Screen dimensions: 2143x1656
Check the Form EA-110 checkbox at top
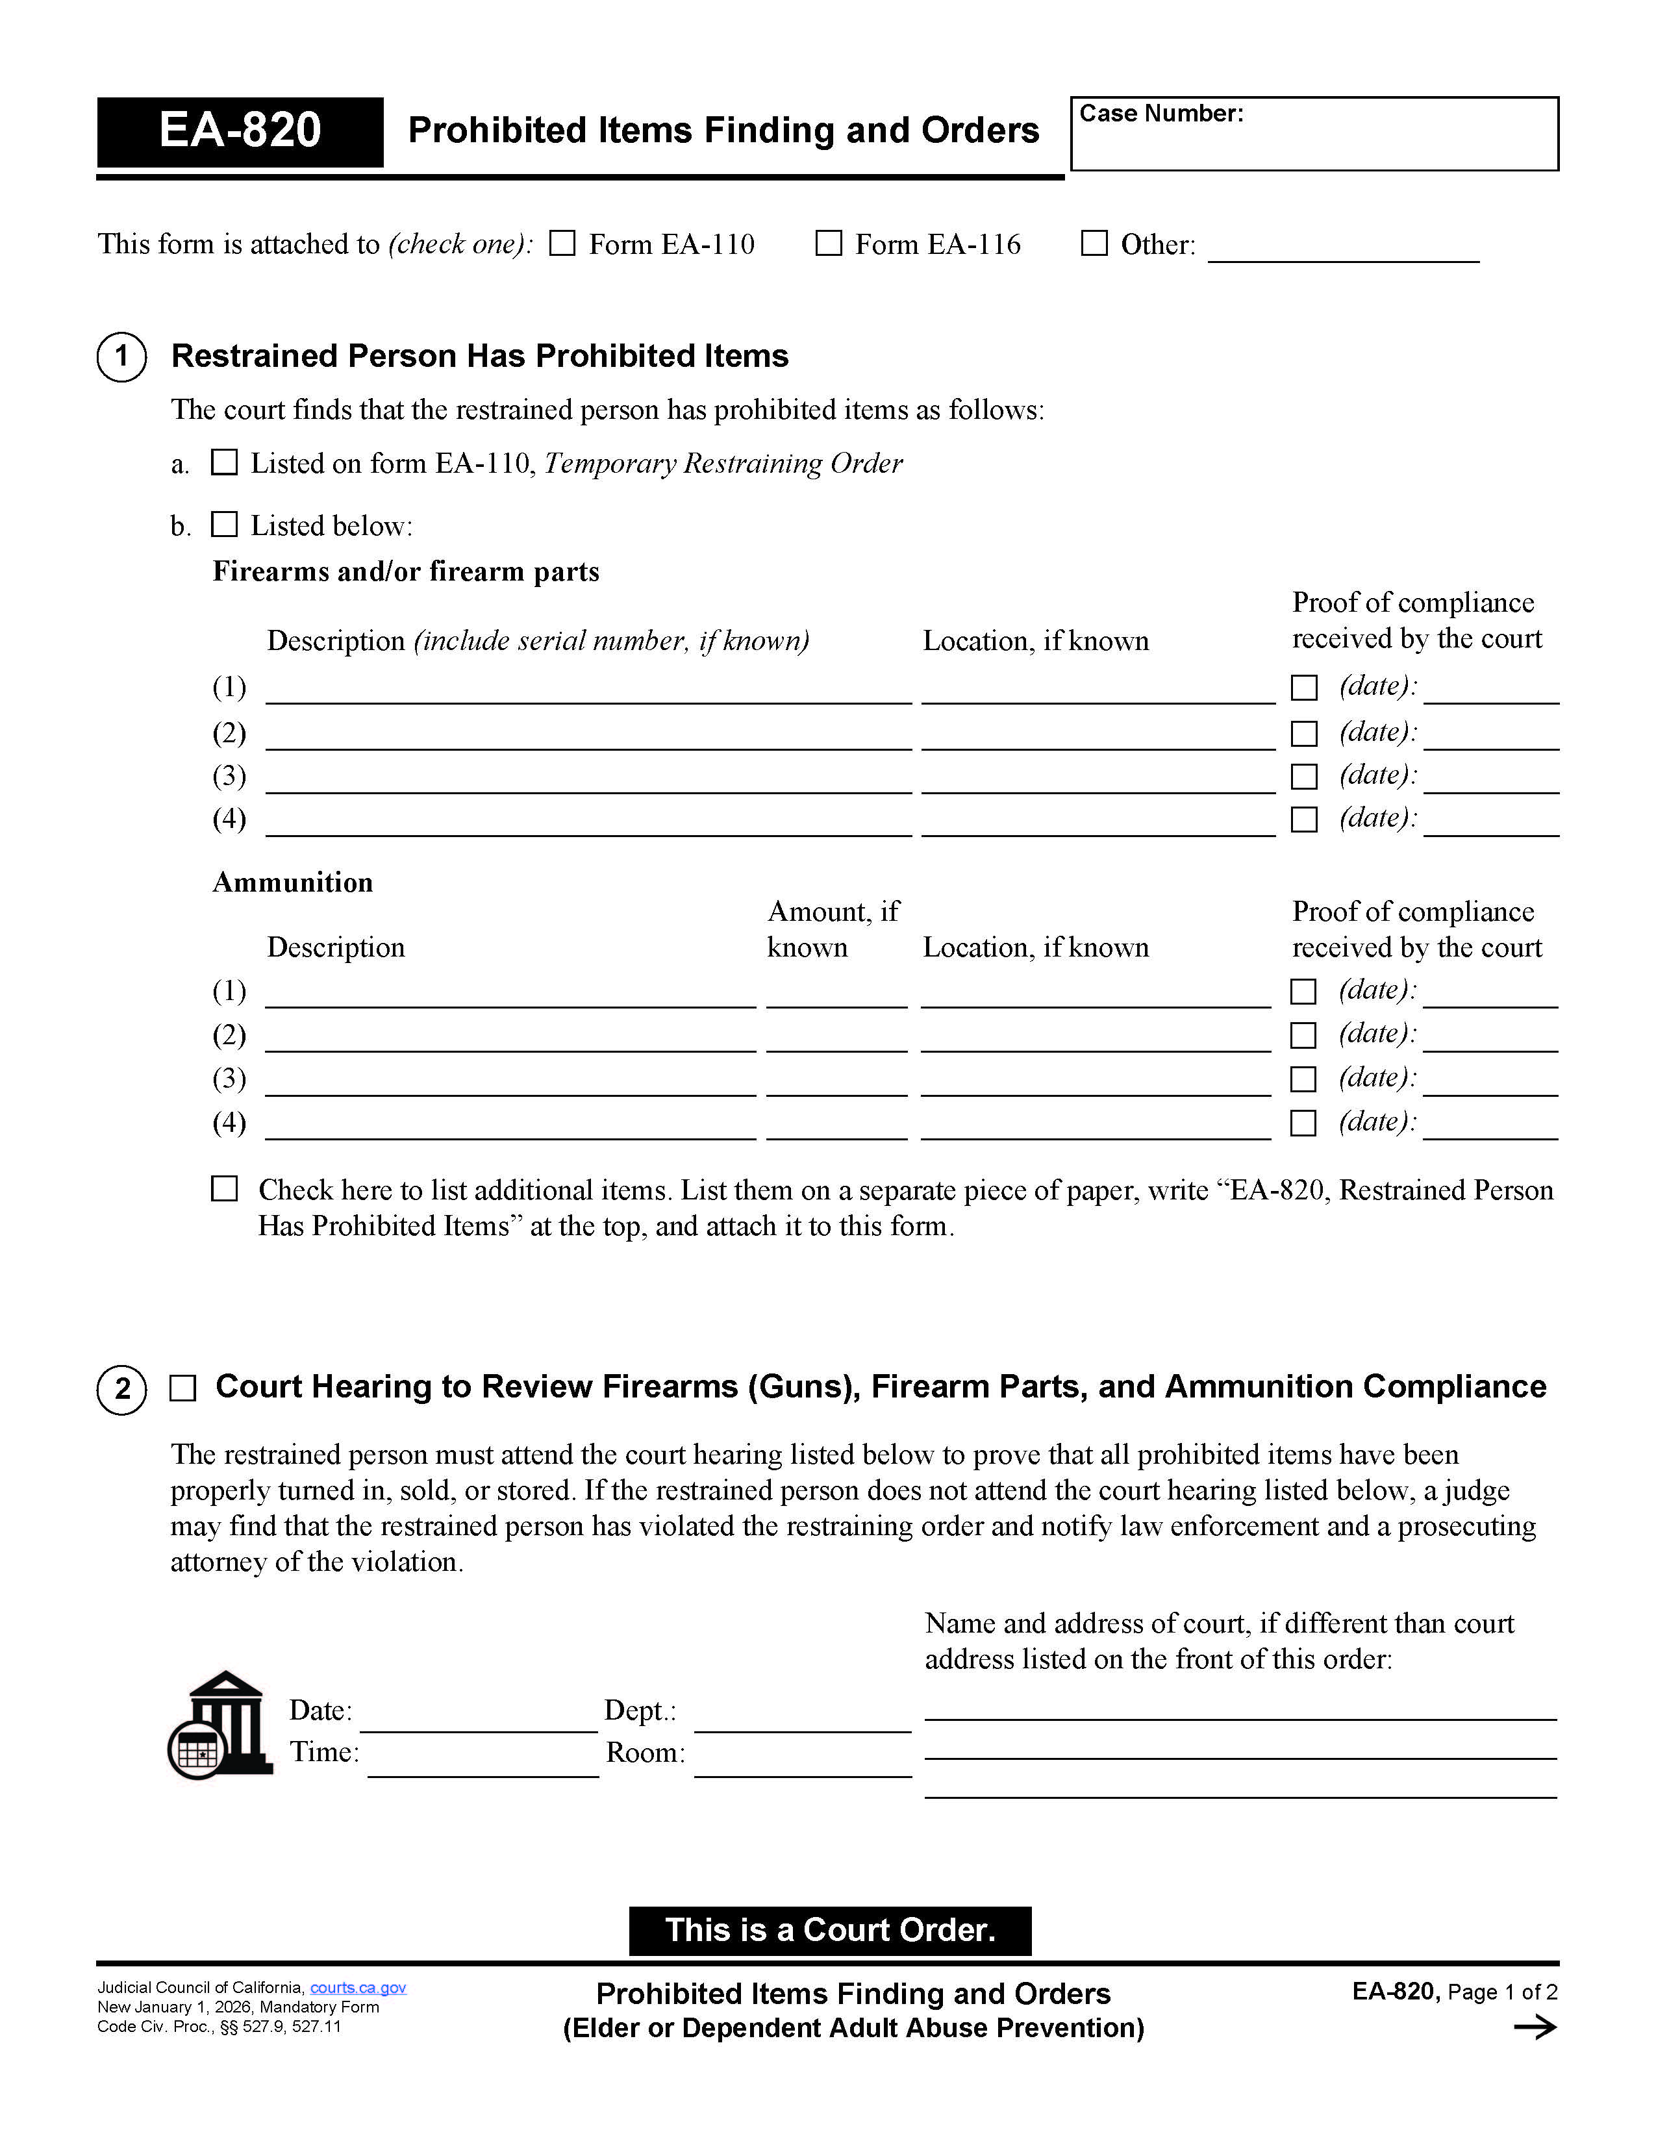(x=562, y=244)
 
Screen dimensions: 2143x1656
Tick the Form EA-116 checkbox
(x=829, y=244)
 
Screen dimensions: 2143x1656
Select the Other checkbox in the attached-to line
(x=1094, y=244)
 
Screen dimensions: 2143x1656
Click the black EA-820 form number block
(x=240, y=131)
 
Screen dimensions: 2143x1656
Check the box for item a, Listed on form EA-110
(x=225, y=462)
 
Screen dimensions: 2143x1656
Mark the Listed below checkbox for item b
(x=225, y=525)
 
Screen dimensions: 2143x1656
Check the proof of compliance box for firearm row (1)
(x=1304, y=688)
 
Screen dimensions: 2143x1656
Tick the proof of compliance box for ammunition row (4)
(x=1303, y=1123)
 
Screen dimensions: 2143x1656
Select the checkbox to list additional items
(x=225, y=1189)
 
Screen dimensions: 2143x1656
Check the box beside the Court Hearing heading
(x=183, y=1388)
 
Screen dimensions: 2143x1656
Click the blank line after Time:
(x=483, y=1764)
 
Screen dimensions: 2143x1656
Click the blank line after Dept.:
(x=803, y=1720)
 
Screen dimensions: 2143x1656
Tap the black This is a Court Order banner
(x=829, y=1930)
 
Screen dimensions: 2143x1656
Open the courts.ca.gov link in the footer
(x=358, y=1988)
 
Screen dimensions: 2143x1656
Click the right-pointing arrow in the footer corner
(x=1535, y=2027)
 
